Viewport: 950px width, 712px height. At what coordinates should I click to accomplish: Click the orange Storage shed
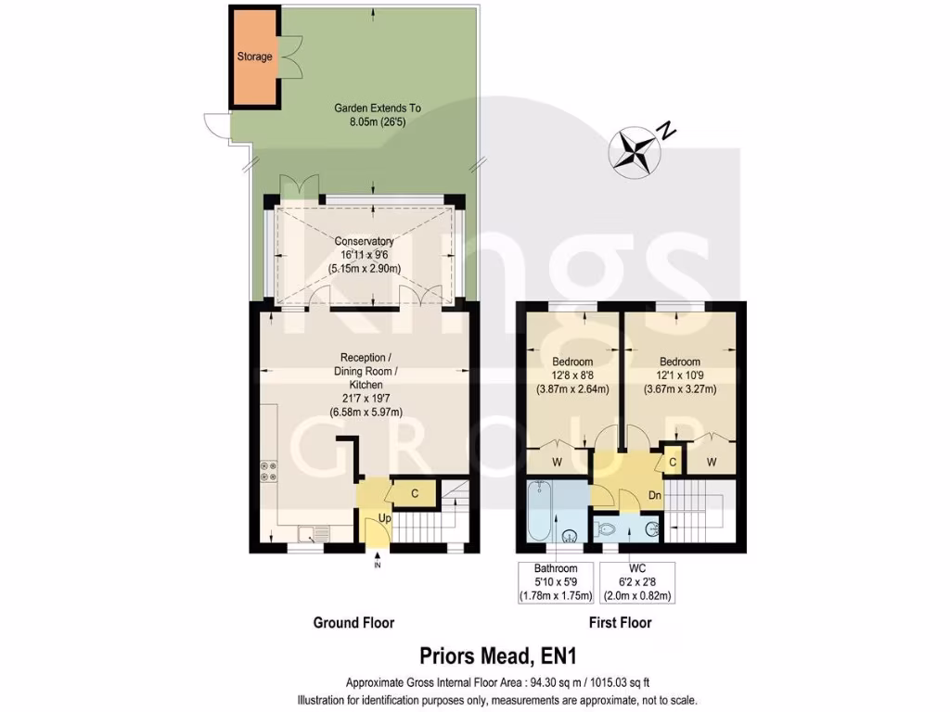[253, 56]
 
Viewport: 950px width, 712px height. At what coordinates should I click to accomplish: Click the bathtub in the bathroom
[540, 511]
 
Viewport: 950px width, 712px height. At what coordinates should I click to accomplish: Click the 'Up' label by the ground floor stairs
[384, 517]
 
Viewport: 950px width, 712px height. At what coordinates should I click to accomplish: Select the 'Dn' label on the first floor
[654, 495]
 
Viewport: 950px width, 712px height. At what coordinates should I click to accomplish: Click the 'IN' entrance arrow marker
[377, 559]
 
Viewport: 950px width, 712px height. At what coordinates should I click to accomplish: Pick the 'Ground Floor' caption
[353, 623]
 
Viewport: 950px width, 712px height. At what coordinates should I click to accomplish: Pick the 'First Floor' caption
[620, 623]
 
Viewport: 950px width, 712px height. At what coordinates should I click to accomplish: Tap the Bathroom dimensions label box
[555, 582]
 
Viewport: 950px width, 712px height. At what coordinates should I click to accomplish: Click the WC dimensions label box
[637, 582]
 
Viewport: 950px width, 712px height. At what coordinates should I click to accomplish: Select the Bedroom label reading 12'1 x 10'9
[680, 375]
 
